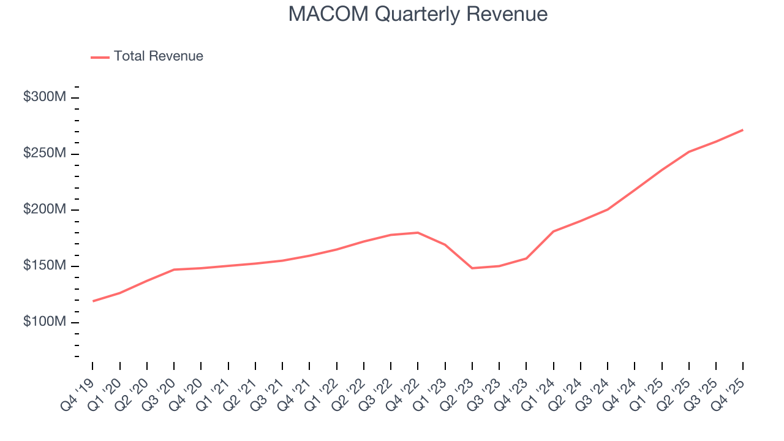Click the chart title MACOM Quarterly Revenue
(418, 14)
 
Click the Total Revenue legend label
(158, 56)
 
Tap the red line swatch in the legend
(100, 57)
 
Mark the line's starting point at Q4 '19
(93, 301)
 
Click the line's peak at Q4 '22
(418, 233)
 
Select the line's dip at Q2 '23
(472, 268)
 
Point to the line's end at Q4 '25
(742, 130)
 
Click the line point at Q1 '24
(553, 232)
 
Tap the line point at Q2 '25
(689, 152)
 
